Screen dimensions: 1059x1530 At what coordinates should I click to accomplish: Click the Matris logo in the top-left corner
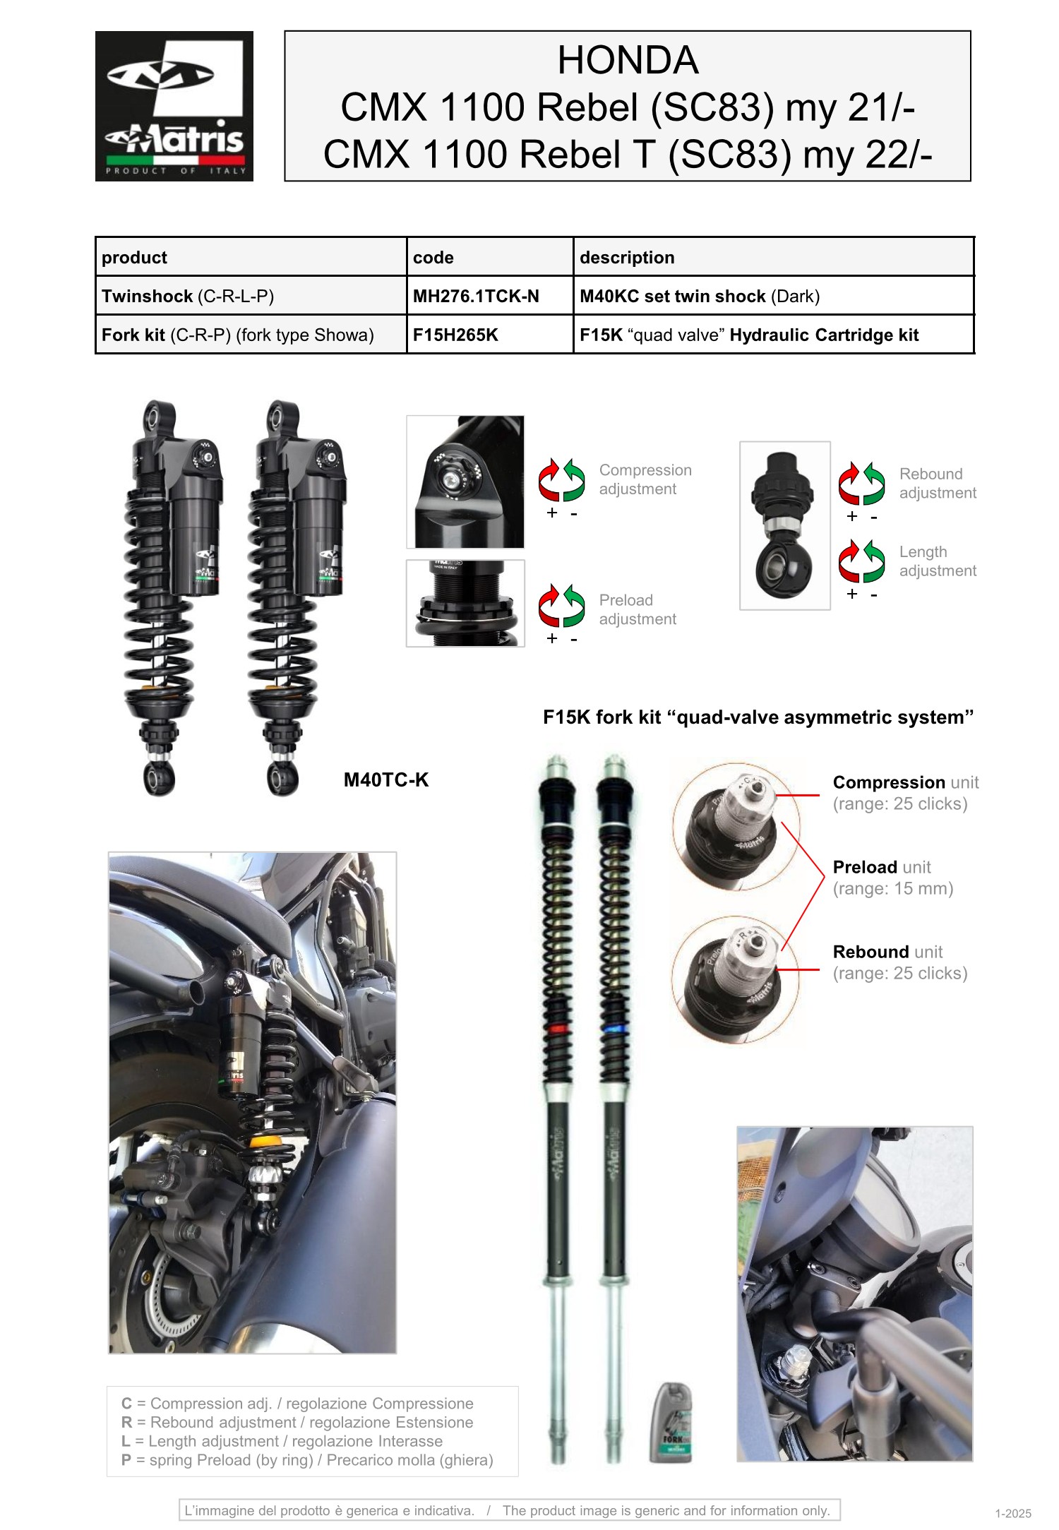[174, 106]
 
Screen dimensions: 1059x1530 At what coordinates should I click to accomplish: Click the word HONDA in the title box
[628, 60]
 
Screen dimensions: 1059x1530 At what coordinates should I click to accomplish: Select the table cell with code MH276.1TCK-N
[490, 296]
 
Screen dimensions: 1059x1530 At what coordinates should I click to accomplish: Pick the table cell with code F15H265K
[490, 335]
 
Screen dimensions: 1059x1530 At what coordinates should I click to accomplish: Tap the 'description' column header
[627, 258]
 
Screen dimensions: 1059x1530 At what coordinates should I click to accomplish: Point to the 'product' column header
[134, 258]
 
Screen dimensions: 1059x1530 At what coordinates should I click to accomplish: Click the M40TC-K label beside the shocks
[386, 780]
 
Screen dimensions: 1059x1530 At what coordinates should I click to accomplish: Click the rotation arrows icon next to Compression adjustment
[562, 480]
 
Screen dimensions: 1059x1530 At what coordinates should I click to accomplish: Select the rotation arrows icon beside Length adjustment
[862, 561]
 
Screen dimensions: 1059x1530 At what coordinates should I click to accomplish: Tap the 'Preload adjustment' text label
[638, 609]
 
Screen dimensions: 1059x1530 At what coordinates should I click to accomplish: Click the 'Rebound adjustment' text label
[938, 484]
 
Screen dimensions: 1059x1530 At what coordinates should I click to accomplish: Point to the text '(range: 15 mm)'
[893, 888]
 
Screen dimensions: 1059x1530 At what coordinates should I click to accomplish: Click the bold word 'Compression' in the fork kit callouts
[889, 782]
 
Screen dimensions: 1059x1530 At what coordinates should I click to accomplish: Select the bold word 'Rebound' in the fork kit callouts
[871, 952]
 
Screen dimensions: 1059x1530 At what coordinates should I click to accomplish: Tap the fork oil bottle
[671, 1423]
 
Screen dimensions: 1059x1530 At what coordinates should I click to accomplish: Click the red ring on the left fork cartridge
[558, 1029]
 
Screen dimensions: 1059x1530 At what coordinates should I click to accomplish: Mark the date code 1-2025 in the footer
[1013, 1514]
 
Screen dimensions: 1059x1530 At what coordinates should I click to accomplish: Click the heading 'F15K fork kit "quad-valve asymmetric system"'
[758, 717]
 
